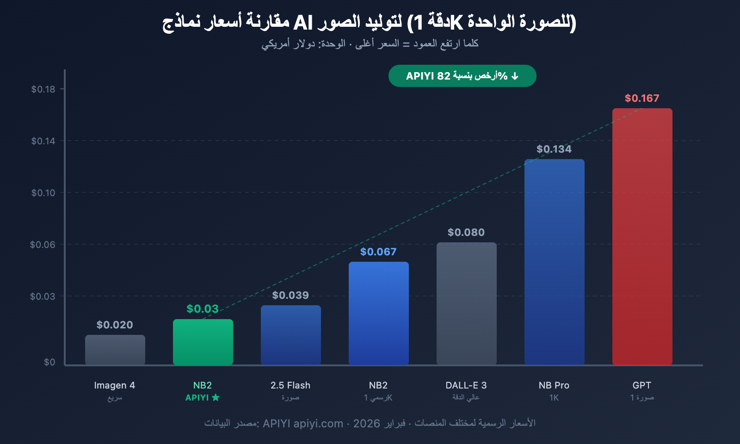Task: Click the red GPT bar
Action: [x=642, y=236]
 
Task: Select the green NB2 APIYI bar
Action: [x=203, y=342]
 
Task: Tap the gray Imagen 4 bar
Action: [x=115, y=350]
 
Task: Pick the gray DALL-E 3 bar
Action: [x=466, y=303]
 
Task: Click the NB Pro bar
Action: [x=554, y=262]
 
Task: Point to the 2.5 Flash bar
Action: [x=290, y=335]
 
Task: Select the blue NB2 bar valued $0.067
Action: [x=378, y=313]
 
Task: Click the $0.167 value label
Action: [x=642, y=98]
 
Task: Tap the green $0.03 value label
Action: [x=203, y=309]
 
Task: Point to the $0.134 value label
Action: [x=554, y=149]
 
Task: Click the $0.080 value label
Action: [x=466, y=232]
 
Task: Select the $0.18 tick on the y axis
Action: [x=43, y=89]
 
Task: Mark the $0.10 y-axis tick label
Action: [x=43, y=193]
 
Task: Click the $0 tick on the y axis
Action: [x=49, y=362]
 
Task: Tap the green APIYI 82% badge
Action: [x=462, y=76]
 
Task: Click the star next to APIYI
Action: [x=216, y=398]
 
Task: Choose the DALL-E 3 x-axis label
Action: [x=466, y=385]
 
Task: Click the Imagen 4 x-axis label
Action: [x=115, y=385]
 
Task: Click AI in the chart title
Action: [x=303, y=22]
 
